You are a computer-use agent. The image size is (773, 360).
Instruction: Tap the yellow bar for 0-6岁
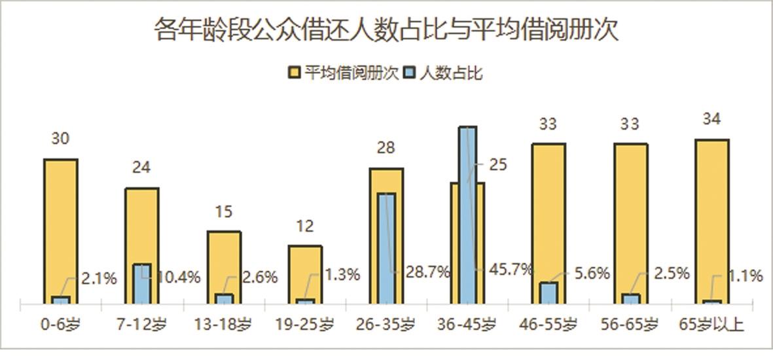(x=61, y=223)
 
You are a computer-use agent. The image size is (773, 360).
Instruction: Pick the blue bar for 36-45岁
(x=467, y=216)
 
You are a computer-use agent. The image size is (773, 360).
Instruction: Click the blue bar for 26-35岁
(x=387, y=249)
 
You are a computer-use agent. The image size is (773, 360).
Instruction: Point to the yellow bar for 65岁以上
(x=712, y=216)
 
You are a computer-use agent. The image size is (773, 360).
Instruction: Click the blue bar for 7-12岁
(x=142, y=284)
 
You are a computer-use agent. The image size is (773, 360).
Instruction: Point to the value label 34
(x=711, y=119)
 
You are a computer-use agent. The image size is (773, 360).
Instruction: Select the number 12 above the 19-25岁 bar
(x=304, y=226)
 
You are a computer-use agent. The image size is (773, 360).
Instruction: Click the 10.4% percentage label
(x=178, y=278)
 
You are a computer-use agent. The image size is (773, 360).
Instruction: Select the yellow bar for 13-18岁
(x=224, y=262)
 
